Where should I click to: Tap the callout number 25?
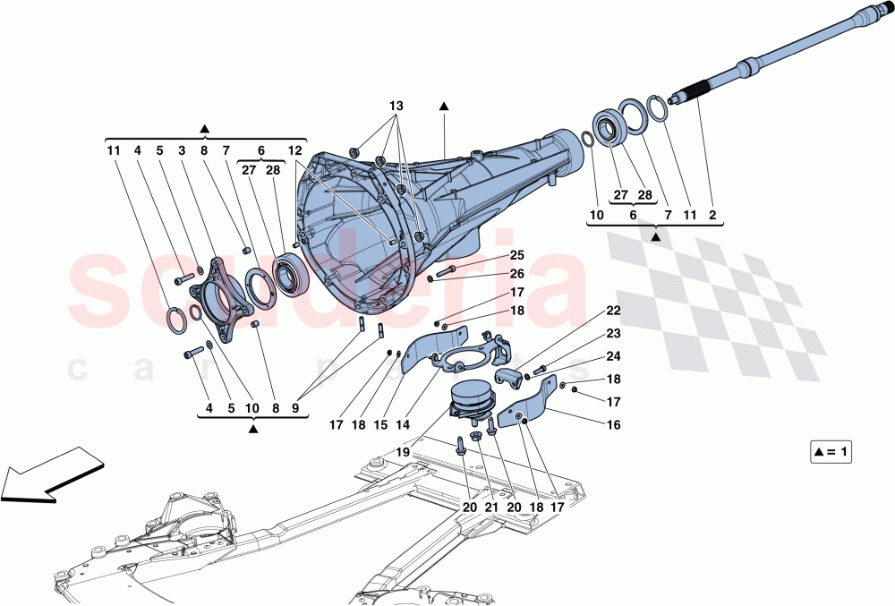pyautogui.click(x=492, y=256)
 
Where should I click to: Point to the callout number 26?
pyautogui.click(x=492, y=273)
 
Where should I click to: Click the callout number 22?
pyautogui.click(x=613, y=312)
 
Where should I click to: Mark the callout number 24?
pyautogui.click(x=613, y=355)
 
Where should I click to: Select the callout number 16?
pyautogui.click(x=613, y=425)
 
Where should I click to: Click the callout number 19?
pyautogui.click(x=404, y=453)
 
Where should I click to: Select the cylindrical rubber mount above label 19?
pyautogui.click(x=472, y=397)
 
